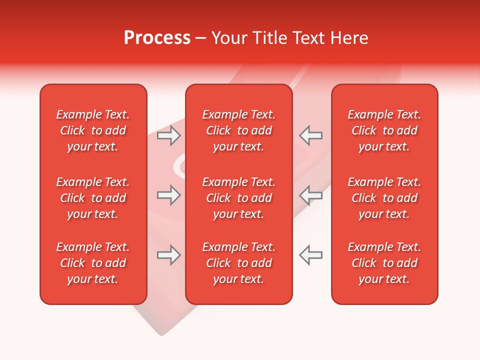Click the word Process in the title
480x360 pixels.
tap(157, 38)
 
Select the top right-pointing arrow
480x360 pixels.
tap(168, 135)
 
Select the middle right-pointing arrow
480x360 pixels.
tap(168, 195)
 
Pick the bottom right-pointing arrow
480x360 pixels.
tap(168, 255)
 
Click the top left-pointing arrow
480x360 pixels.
tap(310, 135)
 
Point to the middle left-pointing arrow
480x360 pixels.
tap(310, 195)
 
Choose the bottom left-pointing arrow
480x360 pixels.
tap(310, 255)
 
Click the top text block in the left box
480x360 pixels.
tap(93, 130)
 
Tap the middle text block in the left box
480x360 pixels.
tap(93, 198)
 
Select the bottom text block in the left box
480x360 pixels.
tap(93, 263)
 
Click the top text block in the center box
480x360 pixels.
tap(239, 130)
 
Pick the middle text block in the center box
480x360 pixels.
tap(239, 198)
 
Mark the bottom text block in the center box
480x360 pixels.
tap(239, 263)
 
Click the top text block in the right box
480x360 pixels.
tap(384, 130)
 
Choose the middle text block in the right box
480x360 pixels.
tap(384, 198)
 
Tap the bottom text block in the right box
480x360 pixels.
tap(384, 263)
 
